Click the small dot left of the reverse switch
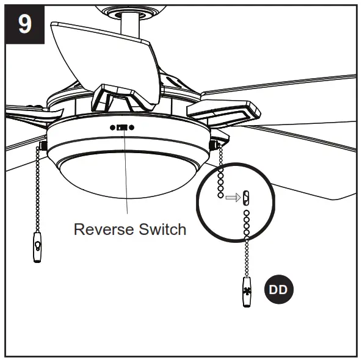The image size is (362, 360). [x=112, y=128]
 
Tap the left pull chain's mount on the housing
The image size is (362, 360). [x=44, y=145]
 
